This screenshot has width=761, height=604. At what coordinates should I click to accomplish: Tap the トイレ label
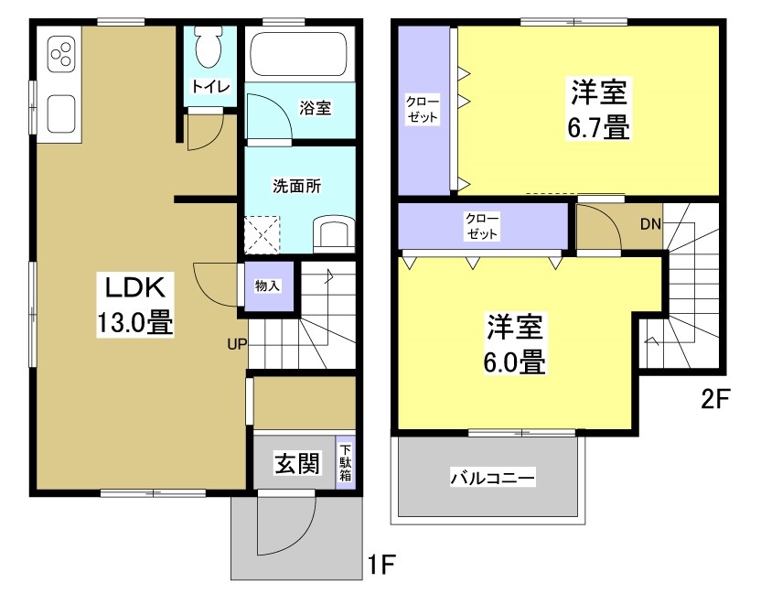click(210, 87)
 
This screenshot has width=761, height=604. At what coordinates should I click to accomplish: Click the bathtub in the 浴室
click(298, 56)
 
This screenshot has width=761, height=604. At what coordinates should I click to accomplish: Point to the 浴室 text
click(315, 108)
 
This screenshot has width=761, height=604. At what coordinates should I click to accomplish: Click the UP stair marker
click(237, 345)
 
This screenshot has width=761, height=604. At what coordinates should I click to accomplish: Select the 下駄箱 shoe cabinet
click(346, 464)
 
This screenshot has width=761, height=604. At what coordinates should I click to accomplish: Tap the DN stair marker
click(649, 223)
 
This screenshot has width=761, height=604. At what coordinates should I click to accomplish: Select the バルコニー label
click(491, 477)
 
